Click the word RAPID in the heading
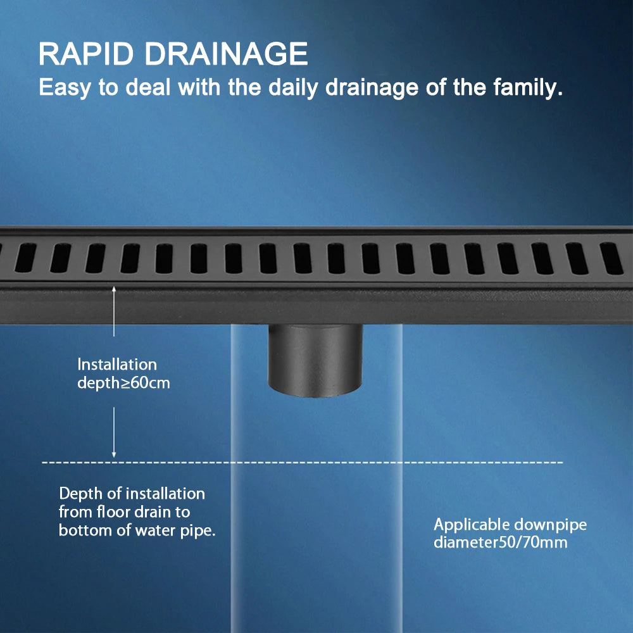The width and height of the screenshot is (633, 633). tap(86, 54)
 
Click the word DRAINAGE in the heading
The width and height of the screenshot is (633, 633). tap(226, 54)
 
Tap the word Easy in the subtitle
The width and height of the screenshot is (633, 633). tap(65, 87)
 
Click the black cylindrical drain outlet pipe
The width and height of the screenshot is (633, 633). tap(315, 360)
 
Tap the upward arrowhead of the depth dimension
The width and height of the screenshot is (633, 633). tap(114, 289)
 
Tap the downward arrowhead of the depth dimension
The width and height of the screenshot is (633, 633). tap(114, 454)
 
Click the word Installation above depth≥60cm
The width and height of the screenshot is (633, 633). tap(117, 365)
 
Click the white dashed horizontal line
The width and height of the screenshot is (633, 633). tap(303, 462)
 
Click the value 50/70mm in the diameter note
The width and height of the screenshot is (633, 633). tap(533, 542)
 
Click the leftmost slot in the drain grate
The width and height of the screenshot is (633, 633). tap(25, 258)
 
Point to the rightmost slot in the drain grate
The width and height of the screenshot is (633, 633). tap(611, 258)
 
